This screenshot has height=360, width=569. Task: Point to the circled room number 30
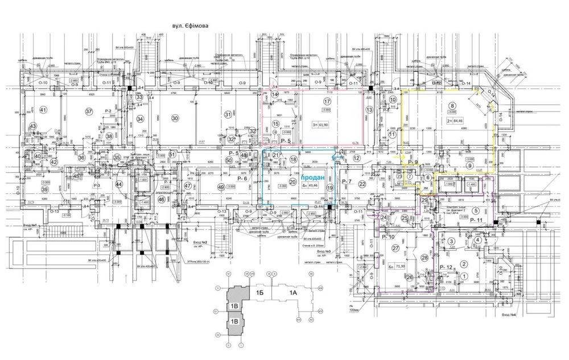175,118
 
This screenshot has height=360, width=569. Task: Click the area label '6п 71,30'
397,266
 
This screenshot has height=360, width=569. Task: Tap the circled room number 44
119,184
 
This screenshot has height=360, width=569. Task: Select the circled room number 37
89,111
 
